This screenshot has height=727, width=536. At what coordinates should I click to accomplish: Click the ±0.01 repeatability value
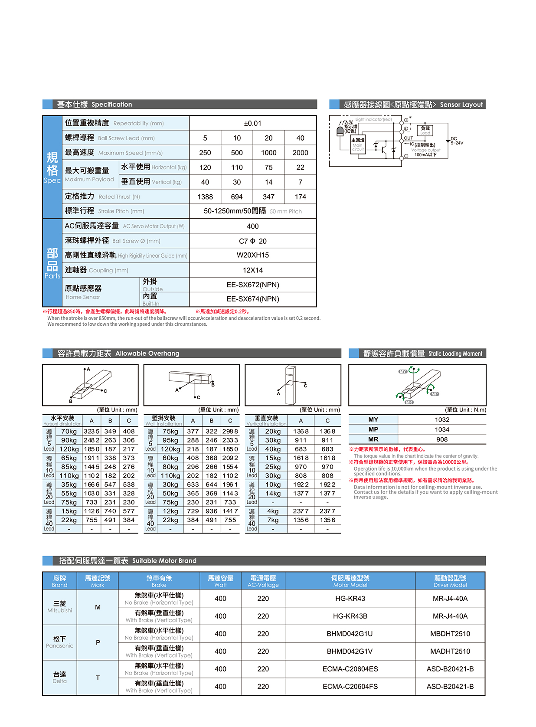[x=252, y=123]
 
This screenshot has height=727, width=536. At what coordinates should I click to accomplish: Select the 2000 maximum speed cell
[x=300, y=153]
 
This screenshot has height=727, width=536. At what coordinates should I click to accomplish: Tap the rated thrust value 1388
[x=205, y=197]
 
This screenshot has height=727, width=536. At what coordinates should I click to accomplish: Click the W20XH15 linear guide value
[x=252, y=255]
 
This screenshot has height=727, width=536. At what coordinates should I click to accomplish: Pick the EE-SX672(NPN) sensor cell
[x=252, y=285]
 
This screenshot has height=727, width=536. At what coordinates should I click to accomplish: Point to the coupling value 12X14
[x=252, y=270]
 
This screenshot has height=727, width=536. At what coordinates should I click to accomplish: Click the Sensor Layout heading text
[x=461, y=105]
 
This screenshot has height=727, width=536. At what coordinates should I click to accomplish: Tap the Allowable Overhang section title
[x=147, y=354]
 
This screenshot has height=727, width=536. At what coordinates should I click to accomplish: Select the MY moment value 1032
[x=442, y=419]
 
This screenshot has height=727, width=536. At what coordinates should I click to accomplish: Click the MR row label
[x=373, y=439]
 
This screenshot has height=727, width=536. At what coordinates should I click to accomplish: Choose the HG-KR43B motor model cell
[x=350, y=616]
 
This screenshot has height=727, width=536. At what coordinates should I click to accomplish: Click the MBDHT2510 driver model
[x=450, y=634]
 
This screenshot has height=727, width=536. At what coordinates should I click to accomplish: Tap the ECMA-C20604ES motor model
[x=350, y=669]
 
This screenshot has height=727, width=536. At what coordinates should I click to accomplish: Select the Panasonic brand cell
[x=60, y=642]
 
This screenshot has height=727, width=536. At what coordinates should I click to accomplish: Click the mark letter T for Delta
[x=98, y=678]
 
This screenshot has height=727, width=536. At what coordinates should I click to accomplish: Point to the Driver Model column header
[x=450, y=581]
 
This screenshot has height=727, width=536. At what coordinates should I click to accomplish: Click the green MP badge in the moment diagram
[x=435, y=394]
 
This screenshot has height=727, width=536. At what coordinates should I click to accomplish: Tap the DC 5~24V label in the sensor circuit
[x=456, y=141]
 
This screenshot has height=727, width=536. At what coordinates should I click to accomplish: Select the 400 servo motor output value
[x=252, y=226]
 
